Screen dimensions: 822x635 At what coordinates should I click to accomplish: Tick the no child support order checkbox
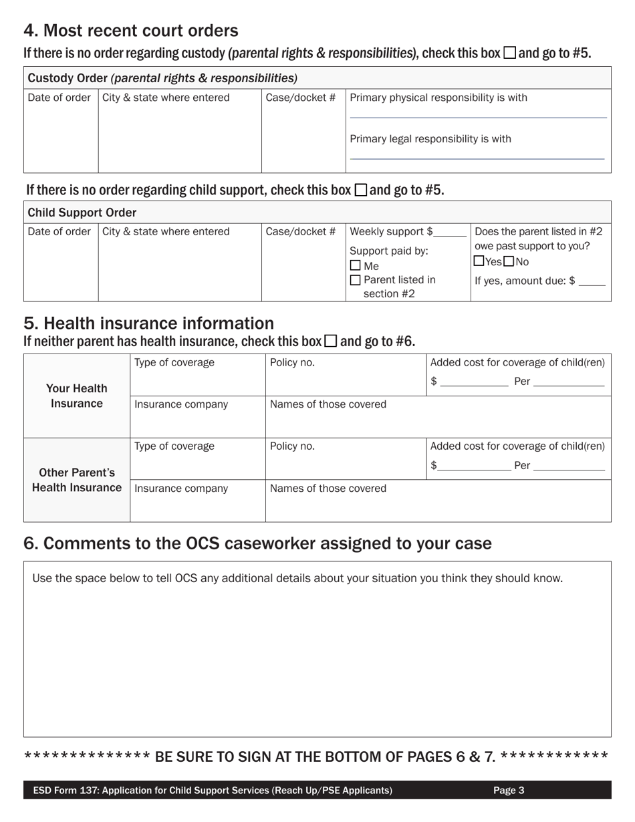360,190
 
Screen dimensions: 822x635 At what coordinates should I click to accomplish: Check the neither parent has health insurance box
331,341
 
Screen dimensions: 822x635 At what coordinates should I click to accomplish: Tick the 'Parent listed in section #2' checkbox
355,280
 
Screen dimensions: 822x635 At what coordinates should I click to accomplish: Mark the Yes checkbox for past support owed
479,261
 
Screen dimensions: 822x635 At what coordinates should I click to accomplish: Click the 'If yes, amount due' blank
592,282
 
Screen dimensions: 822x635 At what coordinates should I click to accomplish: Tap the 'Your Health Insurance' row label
76,396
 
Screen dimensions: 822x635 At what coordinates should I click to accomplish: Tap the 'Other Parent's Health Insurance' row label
76,480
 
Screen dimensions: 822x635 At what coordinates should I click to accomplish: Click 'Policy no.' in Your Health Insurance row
292,363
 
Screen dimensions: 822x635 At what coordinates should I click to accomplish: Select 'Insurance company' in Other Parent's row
181,489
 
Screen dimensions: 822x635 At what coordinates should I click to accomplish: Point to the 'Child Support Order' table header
82,213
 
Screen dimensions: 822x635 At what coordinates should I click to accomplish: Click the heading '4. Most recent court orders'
131,31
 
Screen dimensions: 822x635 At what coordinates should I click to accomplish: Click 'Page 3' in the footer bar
509,791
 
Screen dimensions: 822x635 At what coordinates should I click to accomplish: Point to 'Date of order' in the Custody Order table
59,98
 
